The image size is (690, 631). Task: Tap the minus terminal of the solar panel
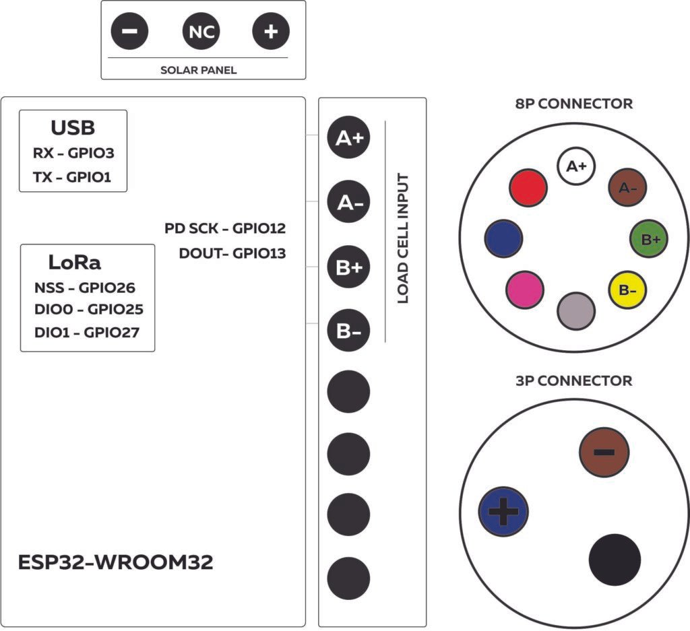130,32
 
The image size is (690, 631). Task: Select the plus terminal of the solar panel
270,32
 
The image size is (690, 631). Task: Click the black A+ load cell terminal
348,138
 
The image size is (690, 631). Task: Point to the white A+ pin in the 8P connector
576,166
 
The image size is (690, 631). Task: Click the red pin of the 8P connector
528,188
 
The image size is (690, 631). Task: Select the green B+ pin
649,238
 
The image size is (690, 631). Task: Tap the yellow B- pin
627,290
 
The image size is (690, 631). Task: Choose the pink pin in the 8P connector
524,289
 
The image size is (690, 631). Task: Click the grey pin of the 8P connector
576,310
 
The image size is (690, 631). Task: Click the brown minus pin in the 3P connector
604,453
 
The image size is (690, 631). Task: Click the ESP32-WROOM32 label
116,562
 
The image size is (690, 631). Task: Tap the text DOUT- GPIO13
232,254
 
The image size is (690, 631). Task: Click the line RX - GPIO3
73,153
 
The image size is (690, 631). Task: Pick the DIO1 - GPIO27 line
87,332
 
